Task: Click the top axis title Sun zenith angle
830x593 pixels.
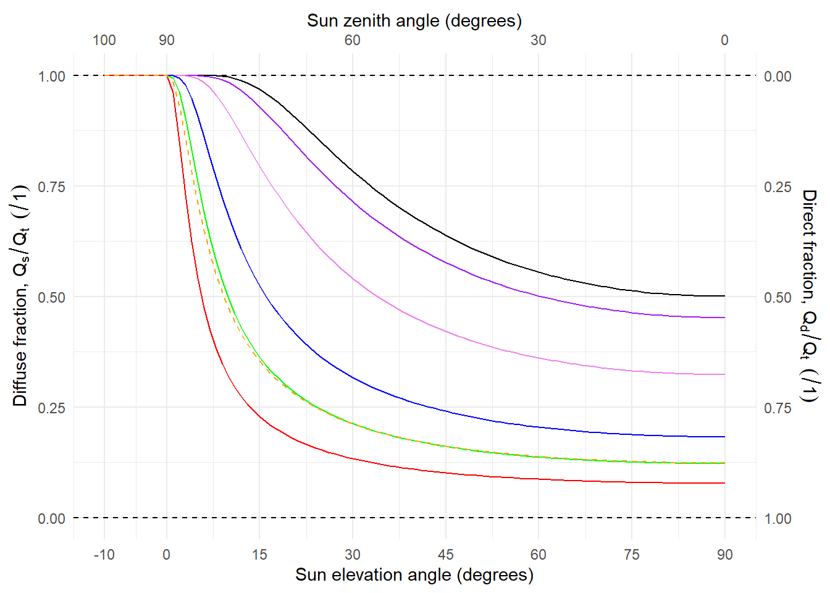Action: (414, 21)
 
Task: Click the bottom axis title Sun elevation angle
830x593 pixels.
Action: (414, 574)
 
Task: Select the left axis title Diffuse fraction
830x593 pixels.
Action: (20, 296)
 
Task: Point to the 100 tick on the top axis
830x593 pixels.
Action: (104, 40)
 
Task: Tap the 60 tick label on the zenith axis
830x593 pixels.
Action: (353, 40)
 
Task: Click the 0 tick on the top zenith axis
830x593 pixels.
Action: (724, 40)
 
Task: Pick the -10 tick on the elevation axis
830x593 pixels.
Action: (104, 554)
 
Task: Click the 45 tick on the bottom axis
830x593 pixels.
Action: (445, 554)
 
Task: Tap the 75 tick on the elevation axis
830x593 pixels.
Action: (632, 554)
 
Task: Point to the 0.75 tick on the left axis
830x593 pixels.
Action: (52, 187)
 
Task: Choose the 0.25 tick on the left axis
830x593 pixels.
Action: (52, 408)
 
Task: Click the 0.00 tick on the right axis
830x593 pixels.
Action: (778, 77)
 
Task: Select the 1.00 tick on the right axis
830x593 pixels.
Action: (778, 518)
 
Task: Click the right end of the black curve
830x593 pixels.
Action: (724, 296)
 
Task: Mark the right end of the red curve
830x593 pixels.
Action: (724, 483)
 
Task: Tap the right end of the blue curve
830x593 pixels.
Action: (724, 437)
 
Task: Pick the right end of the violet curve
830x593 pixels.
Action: (724, 374)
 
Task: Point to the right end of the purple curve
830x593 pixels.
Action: (724, 318)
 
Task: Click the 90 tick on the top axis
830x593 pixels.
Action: (167, 40)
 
